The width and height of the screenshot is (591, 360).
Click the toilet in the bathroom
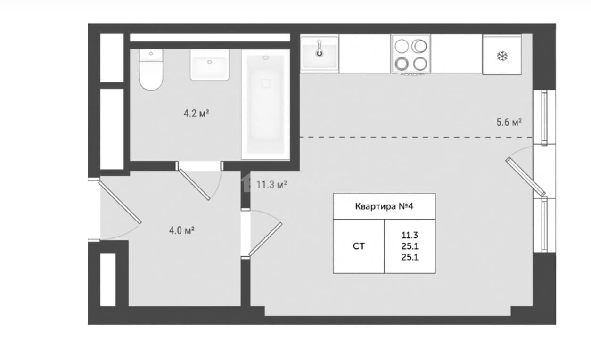coord(151,70)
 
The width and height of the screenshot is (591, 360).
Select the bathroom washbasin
coord(210,65)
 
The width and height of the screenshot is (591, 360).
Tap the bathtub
coord(266,105)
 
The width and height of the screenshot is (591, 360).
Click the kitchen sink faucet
coord(320,49)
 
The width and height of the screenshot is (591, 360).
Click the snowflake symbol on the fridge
coord(502,57)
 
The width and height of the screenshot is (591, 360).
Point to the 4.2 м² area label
coord(197,114)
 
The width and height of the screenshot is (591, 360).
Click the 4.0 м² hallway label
coord(182,231)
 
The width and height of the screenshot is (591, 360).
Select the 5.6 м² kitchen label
coord(509,123)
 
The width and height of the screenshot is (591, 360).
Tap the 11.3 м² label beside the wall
coord(272,185)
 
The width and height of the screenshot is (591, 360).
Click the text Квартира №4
coord(384,206)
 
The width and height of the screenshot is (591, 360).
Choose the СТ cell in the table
coord(359,246)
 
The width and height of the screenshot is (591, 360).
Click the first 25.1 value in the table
coord(410,246)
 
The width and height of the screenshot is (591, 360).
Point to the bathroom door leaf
coord(195,185)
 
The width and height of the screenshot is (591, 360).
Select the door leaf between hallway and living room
coord(265,239)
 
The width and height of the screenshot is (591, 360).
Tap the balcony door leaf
coord(525,177)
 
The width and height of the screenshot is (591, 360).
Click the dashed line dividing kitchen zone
coord(416,138)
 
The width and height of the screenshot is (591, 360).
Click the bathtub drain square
coord(265,84)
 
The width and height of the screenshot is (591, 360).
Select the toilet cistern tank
coord(151,56)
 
